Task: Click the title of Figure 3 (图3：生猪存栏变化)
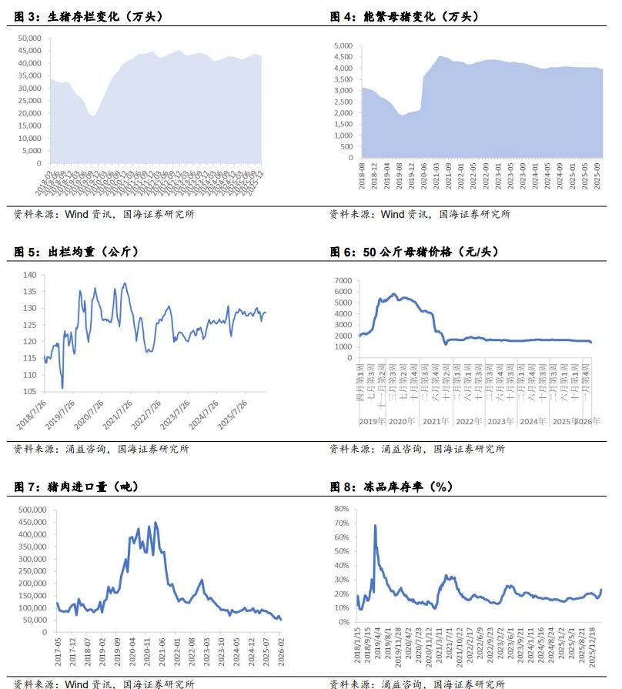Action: [90, 16]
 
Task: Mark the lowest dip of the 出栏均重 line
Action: [62, 387]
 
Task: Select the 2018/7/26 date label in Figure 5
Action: [32, 414]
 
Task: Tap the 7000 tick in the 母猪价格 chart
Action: [342, 279]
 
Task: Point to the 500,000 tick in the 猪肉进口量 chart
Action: [28, 510]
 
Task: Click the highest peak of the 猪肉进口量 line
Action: [155, 523]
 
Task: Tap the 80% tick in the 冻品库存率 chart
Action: [342, 510]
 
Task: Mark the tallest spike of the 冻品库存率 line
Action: [375, 526]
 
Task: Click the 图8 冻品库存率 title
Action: [391, 487]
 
